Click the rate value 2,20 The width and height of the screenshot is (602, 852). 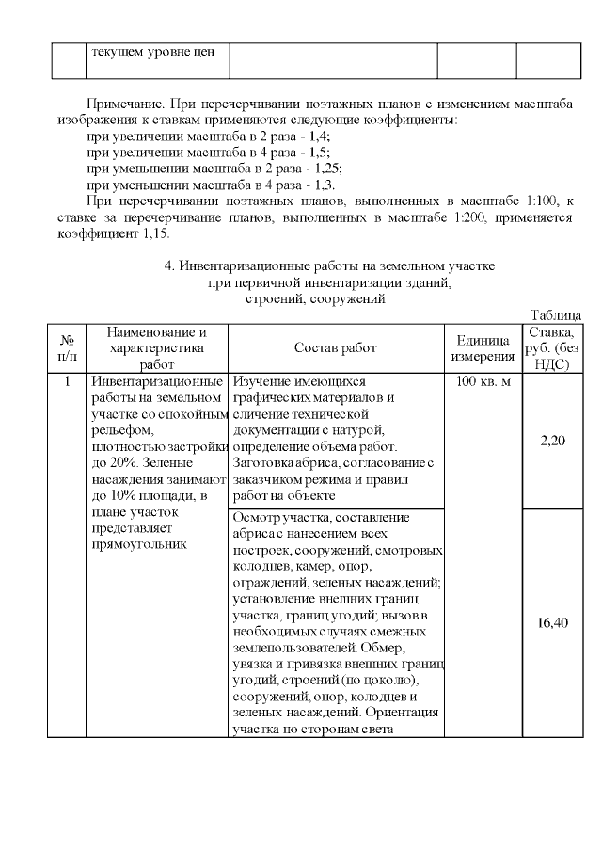click(553, 440)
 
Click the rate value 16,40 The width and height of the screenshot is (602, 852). click(553, 622)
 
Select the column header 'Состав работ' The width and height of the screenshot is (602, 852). click(335, 348)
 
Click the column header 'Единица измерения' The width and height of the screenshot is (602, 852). click(482, 348)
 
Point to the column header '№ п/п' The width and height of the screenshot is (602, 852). click(67, 348)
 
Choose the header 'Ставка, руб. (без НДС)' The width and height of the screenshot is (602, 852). click(553, 348)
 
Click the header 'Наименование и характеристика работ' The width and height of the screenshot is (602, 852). click(157, 348)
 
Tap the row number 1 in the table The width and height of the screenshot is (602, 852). click(67, 382)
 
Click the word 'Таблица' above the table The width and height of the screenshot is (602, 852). click(555, 315)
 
